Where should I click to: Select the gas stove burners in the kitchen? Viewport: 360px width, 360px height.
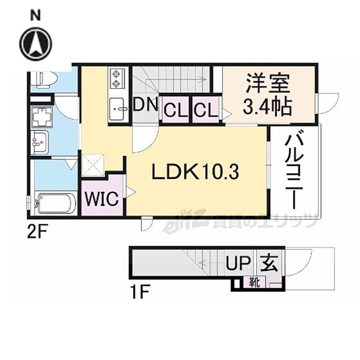click(x=116, y=79)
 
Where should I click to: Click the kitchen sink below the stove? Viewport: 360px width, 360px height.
click(x=118, y=107)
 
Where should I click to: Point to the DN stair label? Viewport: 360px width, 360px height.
click(x=146, y=105)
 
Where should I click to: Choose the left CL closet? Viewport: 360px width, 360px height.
click(x=175, y=110)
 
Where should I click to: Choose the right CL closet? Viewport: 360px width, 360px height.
click(x=206, y=110)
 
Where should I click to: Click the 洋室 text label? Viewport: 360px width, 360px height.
click(x=267, y=83)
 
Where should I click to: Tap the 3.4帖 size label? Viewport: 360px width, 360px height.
click(x=267, y=107)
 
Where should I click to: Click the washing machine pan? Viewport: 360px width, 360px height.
click(x=42, y=117)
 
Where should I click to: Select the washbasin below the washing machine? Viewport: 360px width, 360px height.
click(x=40, y=141)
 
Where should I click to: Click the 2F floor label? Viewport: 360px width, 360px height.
click(x=38, y=232)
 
